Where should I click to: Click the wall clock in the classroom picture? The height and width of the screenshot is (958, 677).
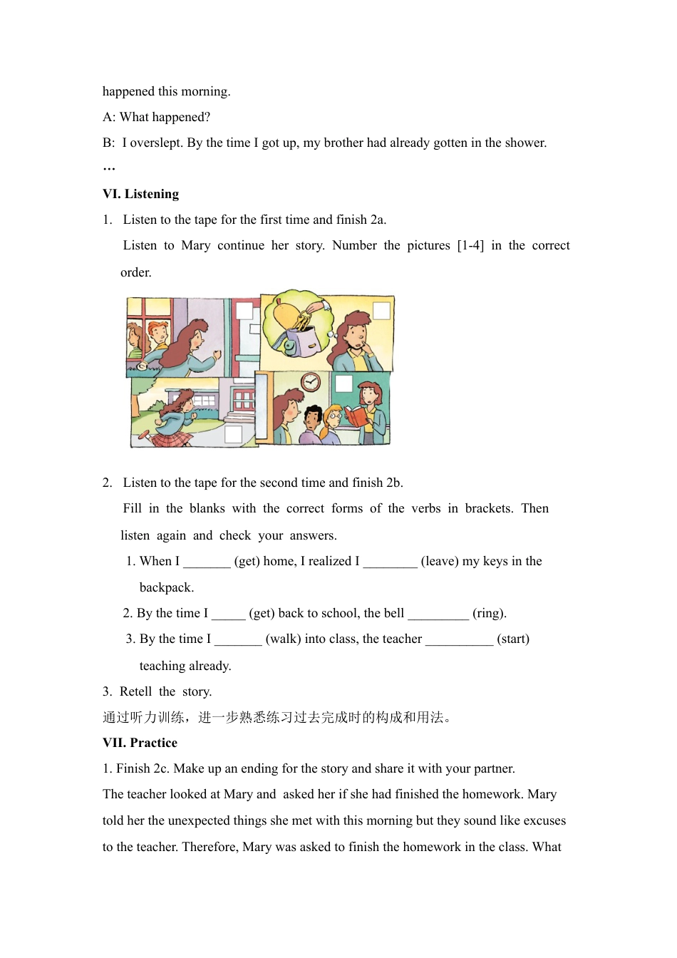pos(311,382)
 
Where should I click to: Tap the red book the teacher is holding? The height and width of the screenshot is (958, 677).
pos(356,415)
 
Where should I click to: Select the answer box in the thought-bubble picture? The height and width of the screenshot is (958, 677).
pos(382,311)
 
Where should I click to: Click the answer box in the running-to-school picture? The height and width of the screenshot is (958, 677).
pos(233,434)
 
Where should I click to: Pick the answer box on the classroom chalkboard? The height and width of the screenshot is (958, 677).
pos(344,383)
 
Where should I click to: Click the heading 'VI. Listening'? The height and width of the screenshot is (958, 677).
pos(140,194)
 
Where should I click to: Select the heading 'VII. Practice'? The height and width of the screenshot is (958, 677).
pos(140,743)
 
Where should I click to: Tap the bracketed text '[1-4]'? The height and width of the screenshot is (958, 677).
pos(470,245)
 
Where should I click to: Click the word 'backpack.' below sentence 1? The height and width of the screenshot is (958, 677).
pos(167,587)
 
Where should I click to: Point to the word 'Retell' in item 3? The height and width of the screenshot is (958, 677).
pos(135,691)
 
